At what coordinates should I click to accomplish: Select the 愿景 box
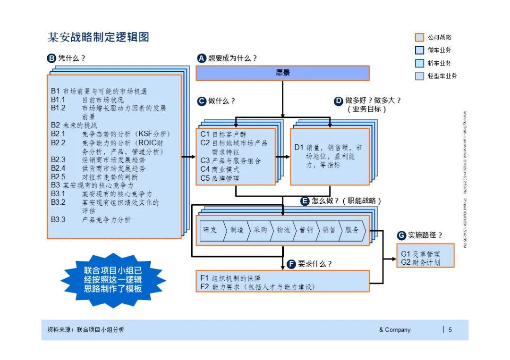(x=282, y=73)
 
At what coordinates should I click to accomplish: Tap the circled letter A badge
(x=201, y=59)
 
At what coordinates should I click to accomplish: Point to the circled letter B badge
(x=51, y=59)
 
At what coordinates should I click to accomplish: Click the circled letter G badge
(x=401, y=235)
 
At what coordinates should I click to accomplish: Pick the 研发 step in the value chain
(x=210, y=230)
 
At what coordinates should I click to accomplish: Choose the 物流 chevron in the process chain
(x=283, y=230)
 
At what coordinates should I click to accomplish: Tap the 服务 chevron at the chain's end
(x=352, y=230)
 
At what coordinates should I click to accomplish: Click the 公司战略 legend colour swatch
(x=419, y=37)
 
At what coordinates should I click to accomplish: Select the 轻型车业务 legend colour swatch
(x=419, y=76)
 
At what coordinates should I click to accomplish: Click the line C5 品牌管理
(x=220, y=178)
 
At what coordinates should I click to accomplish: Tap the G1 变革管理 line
(x=420, y=254)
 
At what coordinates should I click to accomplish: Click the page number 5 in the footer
(x=450, y=330)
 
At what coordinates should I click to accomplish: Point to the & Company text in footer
(x=395, y=330)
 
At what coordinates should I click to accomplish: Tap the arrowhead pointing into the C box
(x=193, y=157)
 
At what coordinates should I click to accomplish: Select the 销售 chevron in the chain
(x=329, y=230)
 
